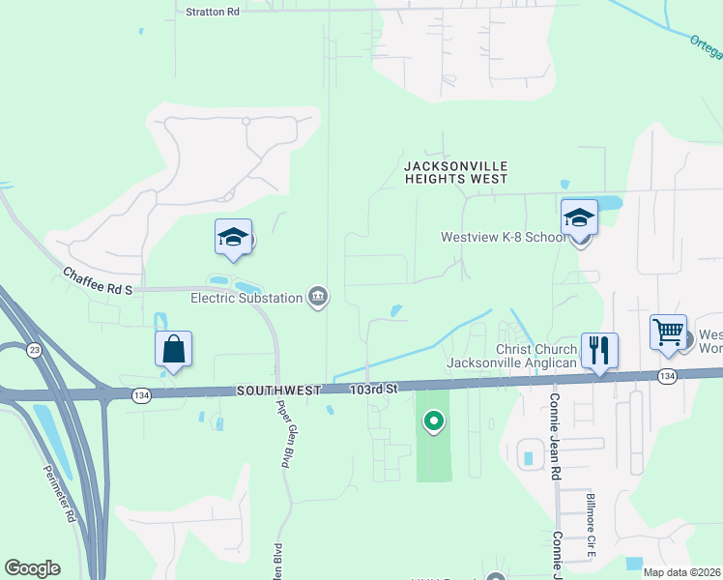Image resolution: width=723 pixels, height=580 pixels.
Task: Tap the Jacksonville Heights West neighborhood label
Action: tap(455, 172)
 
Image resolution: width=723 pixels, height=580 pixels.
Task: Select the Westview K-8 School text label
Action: tap(504, 237)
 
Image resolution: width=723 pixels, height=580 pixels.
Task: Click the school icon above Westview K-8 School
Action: tap(579, 217)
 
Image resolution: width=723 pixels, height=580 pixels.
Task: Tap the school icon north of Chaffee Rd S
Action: tap(233, 238)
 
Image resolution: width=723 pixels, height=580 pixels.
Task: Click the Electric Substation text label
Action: tap(246, 298)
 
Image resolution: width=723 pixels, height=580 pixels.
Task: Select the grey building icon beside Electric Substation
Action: tap(317, 296)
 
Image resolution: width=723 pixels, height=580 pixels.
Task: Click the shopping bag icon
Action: tap(173, 350)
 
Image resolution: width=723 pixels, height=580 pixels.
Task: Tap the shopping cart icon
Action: tap(669, 333)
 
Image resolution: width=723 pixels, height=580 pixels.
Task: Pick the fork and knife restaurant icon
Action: tap(599, 351)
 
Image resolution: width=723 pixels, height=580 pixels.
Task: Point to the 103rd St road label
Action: tap(373, 388)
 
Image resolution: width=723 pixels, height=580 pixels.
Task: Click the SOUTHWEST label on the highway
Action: tap(279, 390)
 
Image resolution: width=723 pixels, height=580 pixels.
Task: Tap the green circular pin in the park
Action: tap(434, 420)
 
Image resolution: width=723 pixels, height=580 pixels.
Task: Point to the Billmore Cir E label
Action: tap(590, 526)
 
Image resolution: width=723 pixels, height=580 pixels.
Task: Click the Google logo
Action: tap(32, 567)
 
